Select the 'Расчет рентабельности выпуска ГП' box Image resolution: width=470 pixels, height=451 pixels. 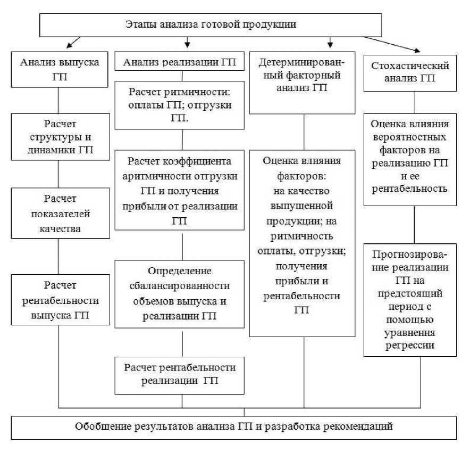point(59,300)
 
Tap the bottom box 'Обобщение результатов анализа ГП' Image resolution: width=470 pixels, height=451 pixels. point(234,427)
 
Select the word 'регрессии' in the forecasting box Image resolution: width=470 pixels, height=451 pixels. point(410,345)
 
